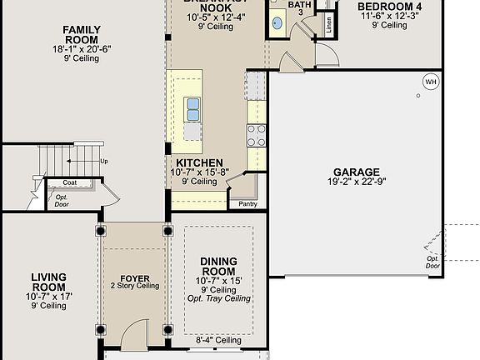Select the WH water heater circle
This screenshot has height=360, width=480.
coord(430,82)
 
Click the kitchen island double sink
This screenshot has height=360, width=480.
coord(193,108)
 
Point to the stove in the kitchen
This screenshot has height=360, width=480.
coord(256,135)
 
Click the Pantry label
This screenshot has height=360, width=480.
coord(247,203)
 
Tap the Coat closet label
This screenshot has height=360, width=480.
coord(70,182)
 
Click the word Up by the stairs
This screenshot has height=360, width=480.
coord(103,161)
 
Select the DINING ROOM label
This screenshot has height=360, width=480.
coord(218,267)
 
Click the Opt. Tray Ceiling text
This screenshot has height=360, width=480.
coord(219,298)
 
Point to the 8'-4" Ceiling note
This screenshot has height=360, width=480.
coord(219,340)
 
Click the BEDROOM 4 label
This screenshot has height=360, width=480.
coord(389,7)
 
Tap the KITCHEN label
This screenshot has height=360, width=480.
coord(198,162)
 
